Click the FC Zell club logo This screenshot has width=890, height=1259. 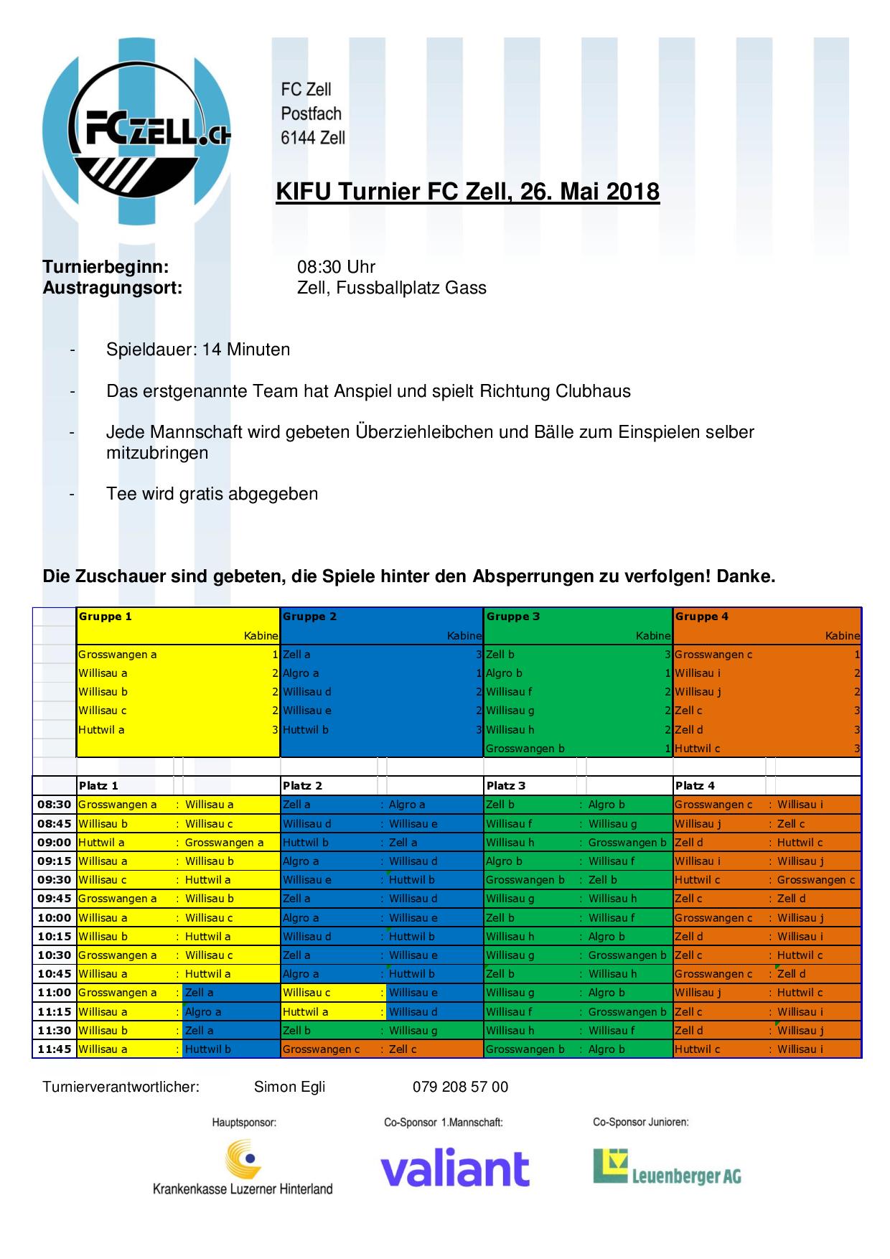click(x=136, y=133)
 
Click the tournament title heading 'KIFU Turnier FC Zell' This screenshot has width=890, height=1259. click(x=467, y=192)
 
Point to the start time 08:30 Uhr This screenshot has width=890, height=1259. click(x=336, y=267)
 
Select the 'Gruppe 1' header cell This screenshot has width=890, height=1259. click(x=106, y=617)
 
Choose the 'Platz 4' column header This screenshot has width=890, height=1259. click(x=695, y=786)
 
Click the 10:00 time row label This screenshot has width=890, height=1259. click(x=55, y=918)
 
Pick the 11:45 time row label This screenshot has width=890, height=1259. click(x=55, y=1049)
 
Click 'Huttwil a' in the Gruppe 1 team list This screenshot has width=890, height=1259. click(x=102, y=730)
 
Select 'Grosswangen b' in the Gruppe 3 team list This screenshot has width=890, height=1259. click(x=525, y=749)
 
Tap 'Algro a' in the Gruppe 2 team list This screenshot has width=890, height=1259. click(x=301, y=673)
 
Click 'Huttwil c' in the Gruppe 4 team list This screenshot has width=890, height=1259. click(x=698, y=749)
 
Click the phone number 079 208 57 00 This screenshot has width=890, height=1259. click(x=460, y=1087)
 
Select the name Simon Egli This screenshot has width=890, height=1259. click(x=289, y=1087)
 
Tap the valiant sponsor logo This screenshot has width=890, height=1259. click(x=454, y=1171)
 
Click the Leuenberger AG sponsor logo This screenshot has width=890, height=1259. click(x=667, y=1168)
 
